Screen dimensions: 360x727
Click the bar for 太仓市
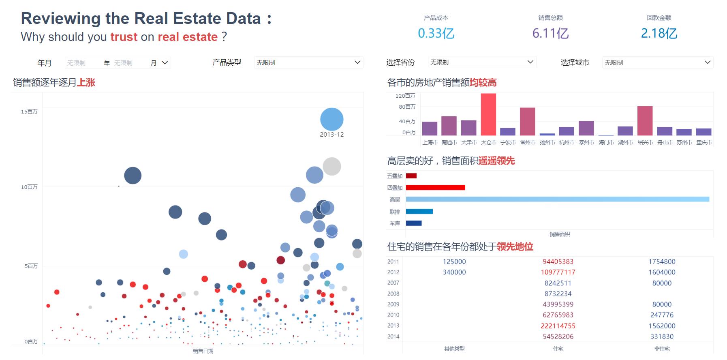pos(488,114)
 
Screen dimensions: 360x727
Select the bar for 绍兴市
pos(645,121)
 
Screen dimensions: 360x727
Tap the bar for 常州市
pos(527,121)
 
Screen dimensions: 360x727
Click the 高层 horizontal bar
pos(557,199)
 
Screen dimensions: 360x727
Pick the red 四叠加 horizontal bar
pos(435,187)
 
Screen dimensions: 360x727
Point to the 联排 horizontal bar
pos(419,211)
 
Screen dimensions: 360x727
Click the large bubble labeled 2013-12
pos(331,119)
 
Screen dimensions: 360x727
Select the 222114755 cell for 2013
pos(558,326)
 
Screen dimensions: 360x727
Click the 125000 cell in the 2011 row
pos(454,262)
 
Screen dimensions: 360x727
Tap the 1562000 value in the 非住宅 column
pos(662,326)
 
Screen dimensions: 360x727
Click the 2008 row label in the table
pos(393,294)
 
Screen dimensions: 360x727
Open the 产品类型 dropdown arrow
pos(357,62)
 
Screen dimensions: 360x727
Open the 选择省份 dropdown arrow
pos(530,62)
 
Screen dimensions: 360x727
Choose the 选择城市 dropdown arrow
pos(708,62)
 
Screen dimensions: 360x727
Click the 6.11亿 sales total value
pos(550,33)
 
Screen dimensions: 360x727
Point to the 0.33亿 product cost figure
pos(436,33)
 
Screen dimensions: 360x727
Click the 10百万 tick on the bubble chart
pos(29,187)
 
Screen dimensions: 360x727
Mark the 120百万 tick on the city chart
pos(405,96)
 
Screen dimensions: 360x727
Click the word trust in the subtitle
pos(124,37)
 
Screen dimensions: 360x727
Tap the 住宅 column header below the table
pos(558,349)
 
